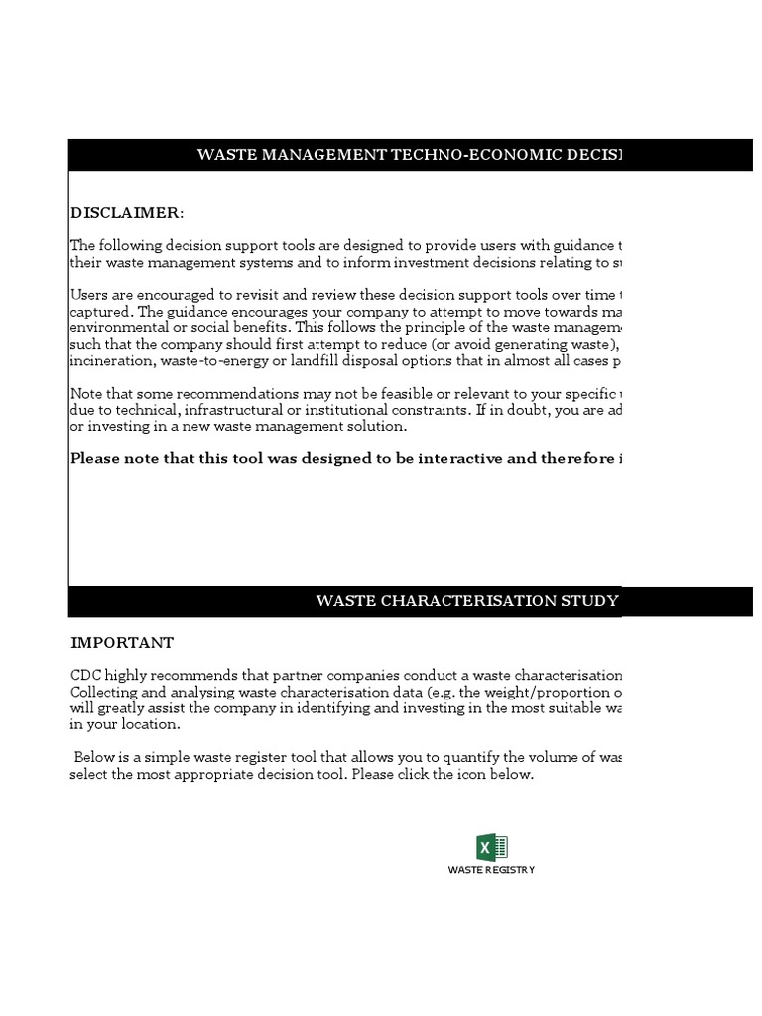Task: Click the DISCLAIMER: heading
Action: pyautogui.click(x=127, y=213)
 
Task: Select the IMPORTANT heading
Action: pyautogui.click(x=122, y=643)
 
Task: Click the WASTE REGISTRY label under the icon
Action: pyautogui.click(x=491, y=870)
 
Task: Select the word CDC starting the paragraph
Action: pyautogui.click(x=85, y=675)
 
